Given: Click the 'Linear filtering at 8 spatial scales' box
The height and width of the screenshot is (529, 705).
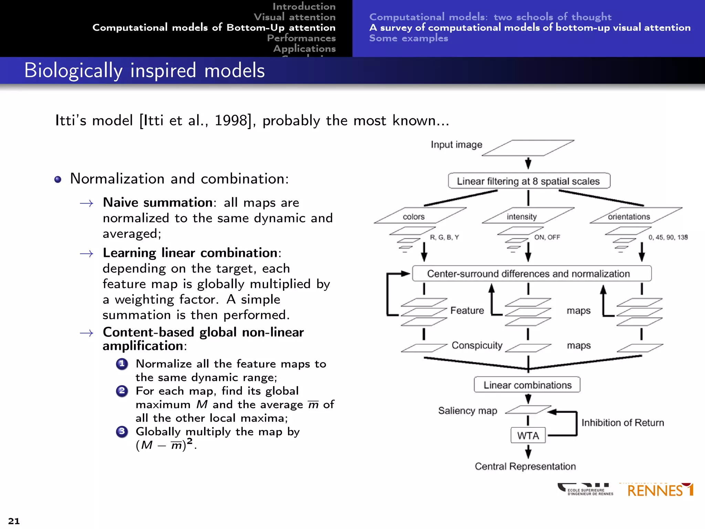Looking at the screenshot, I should [x=529, y=181].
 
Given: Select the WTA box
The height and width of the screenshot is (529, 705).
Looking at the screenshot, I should [x=528, y=435].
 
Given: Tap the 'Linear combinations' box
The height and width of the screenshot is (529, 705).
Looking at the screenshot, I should [x=527, y=385].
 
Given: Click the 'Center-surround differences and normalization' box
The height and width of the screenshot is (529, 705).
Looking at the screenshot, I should [x=532, y=273].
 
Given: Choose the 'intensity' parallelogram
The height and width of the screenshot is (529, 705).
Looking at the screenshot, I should [x=528, y=216].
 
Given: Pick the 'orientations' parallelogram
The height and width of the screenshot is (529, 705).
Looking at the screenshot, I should [x=635, y=216].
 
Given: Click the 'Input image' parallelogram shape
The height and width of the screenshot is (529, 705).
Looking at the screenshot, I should [x=528, y=148].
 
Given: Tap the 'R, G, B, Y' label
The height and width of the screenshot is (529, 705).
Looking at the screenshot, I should [x=444, y=237].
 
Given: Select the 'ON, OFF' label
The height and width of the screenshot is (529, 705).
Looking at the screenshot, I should [x=547, y=237].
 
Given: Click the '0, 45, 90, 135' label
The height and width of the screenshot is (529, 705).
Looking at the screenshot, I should [x=668, y=237].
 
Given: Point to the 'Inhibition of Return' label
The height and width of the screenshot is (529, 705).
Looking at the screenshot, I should [x=622, y=423].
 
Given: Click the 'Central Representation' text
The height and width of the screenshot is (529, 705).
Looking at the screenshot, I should [x=525, y=466].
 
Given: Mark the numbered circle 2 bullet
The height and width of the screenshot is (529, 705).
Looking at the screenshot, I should [x=122, y=391].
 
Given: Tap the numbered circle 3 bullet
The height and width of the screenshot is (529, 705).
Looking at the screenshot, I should [x=122, y=432].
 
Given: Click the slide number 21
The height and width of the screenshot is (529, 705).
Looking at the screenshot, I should [x=14, y=521].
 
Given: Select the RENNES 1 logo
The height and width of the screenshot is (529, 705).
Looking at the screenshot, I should [x=660, y=490].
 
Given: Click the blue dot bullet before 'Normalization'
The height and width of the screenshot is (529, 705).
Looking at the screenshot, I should [x=58, y=179].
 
